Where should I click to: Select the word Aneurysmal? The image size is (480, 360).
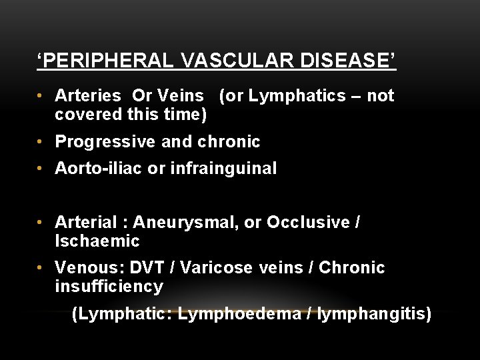coord(185,222)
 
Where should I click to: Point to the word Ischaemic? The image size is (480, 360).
coord(97,241)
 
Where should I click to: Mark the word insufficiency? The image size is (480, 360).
coord(109,287)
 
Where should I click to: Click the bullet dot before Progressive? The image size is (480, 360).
coord(42,142)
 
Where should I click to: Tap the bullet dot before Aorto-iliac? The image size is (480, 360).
coord(42,169)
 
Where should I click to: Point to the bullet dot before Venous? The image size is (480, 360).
coord(42,268)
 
